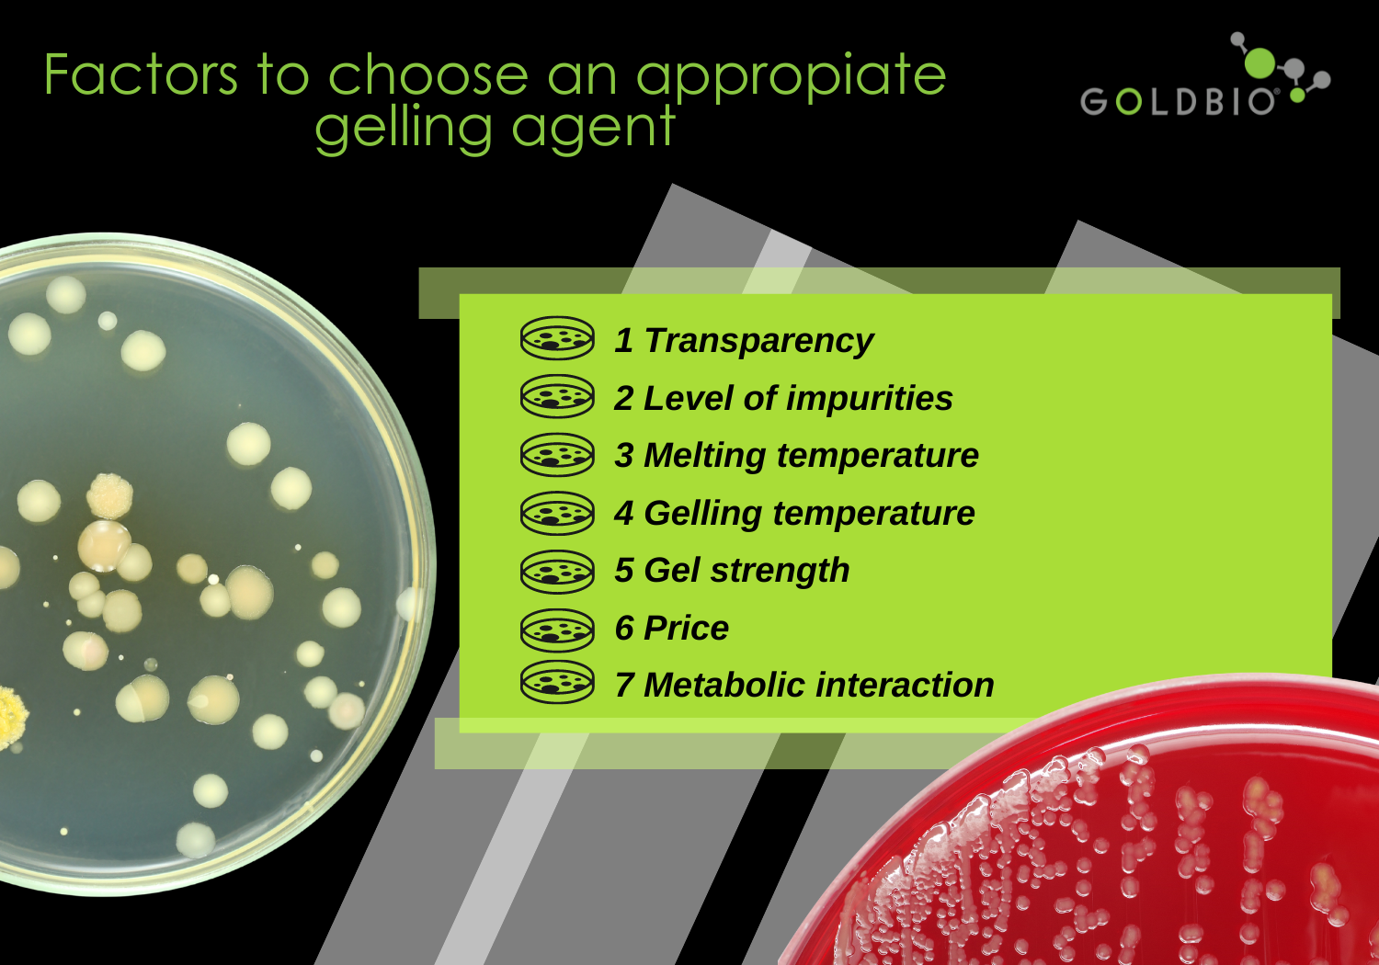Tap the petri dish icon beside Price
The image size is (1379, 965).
(x=557, y=630)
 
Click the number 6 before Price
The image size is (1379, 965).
(x=624, y=629)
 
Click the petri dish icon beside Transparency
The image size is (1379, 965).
(x=557, y=338)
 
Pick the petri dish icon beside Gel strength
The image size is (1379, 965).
(x=557, y=572)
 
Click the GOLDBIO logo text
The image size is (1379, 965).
(x=1178, y=101)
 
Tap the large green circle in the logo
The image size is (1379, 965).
(x=1259, y=62)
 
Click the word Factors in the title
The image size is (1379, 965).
(x=141, y=74)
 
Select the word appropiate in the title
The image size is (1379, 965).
(x=791, y=79)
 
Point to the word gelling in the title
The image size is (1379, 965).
(x=404, y=129)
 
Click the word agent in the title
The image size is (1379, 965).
(x=594, y=130)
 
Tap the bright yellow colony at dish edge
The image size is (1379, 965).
(x=11, y=717)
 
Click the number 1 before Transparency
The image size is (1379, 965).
(x=623, y=340)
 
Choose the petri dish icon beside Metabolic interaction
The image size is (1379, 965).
(x=557, y=682)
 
